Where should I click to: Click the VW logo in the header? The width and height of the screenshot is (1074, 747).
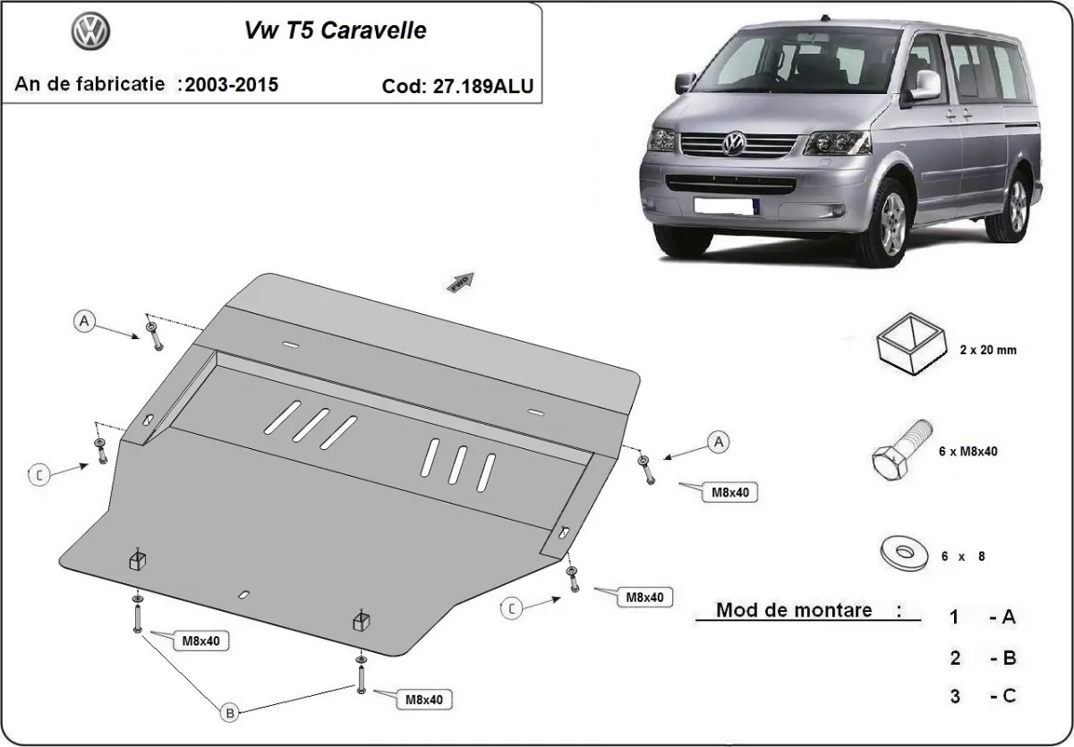90,33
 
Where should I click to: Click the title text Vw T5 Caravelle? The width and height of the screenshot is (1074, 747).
336,30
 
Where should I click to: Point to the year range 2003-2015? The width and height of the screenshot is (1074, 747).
229,84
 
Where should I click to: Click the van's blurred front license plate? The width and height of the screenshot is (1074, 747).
725,206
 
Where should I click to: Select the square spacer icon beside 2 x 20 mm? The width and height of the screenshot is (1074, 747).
909,343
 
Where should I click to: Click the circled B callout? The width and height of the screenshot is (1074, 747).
230,712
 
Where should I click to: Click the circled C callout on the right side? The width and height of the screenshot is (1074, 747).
511,609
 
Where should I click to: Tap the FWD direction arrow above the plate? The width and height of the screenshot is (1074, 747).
460,280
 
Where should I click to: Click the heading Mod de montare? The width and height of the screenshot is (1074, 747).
795,610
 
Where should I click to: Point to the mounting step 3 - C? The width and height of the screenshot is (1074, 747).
983,695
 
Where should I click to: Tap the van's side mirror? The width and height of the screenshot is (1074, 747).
925,85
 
